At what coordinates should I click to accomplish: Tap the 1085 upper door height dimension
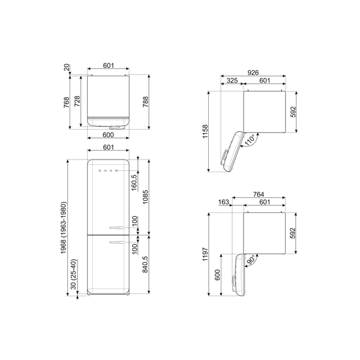pyautogui.click(x=145, y=196)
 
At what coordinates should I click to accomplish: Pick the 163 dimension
pyautogui.click(x=224, y=203)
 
